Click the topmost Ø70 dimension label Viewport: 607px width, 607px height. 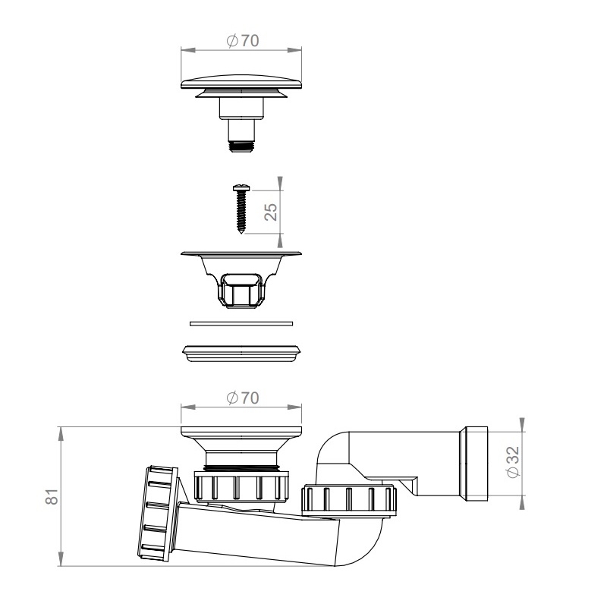click(x=243, y=40)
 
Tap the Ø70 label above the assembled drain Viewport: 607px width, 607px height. click(x=243, y=398)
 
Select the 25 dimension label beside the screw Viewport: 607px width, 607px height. click(x=271, y=212)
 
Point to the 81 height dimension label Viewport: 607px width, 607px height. click(x=52, y=497)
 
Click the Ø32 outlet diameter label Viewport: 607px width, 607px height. click(x=513, y=462)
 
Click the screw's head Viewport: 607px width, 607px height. click(x=241, y=188)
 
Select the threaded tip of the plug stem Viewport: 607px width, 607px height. click(x=241, y=146)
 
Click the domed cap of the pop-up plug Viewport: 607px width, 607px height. click(x=241, y=82)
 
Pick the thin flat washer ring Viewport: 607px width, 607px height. click(x=241, y=323)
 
